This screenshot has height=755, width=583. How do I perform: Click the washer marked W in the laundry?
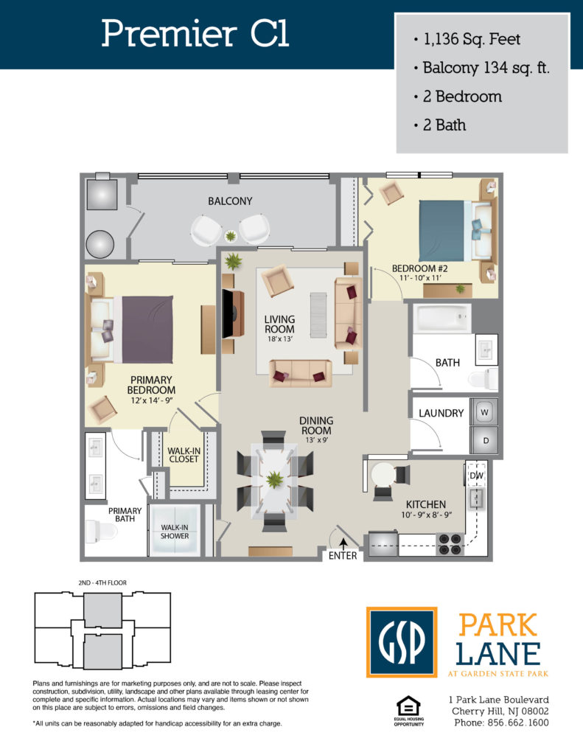pyautogui.click(x=483, y=412)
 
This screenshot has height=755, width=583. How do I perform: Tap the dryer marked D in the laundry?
pyautogui.click(x=483, y=440)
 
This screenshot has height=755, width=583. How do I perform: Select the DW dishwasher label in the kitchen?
pyautogui.click(x=476, y=476)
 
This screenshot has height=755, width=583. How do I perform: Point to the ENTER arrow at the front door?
pyautogui.click(x=343, y=544)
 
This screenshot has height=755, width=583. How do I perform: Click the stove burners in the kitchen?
pyautogui.click(x=450, y=544)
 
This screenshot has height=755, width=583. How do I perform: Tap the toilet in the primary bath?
pyautogui.click(x=101, y=532)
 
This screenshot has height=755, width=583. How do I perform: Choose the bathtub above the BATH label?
pyautogui.click(x=442, y=319)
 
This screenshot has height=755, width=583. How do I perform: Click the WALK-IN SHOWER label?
pyautogui.click(x=175, y=532)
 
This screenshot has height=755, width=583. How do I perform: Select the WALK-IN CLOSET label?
pyautogui.click(x=184, y=455)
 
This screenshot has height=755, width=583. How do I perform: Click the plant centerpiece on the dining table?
pyautogui.click(x=274, y=479)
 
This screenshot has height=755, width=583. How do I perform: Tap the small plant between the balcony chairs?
pyautogui.click(x=231, y=237)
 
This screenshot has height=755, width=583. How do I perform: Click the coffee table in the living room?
pyautogui.click(x=318, y=315)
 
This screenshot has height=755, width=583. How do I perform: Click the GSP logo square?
pyautogui.click(x=402, y=642)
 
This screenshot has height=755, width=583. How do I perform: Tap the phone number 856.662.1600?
pyautogui.click(x=518, y=723)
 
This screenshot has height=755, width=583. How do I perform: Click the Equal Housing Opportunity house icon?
pyautogui.click(x=409, y=707)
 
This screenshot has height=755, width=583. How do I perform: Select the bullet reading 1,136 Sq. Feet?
pyautogui.click(x=467, y=39)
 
